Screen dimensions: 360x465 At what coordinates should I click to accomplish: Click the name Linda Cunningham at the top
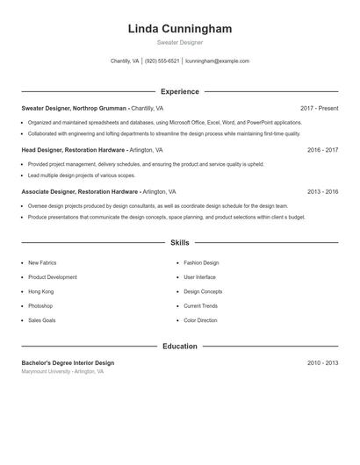(x=179, y=29)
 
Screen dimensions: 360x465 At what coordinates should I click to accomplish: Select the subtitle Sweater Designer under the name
(x=179, y=42)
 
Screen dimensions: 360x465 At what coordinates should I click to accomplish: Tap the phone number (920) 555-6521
(x=162, y=61)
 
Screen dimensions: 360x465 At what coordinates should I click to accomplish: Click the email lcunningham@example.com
(x=217, y=61)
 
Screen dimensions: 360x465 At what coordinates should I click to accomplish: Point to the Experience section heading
(x=179, y=91)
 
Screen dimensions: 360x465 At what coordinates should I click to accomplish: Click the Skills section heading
(x=179, y=242)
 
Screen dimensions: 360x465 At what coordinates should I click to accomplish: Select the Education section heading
(x=179, y=347)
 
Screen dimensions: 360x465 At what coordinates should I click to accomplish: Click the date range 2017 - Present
(x=319, y=108)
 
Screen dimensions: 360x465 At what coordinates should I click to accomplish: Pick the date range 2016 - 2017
(x=322, y=150)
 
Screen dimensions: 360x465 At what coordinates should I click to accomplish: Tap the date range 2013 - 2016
(x=322, y=191)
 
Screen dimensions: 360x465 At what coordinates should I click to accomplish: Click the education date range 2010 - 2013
(x=322, y=363)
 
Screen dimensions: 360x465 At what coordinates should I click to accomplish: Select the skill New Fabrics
(x=42, y=263)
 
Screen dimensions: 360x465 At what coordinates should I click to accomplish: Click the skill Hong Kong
(x=40, y=291)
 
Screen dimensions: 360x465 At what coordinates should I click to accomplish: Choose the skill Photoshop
(x=40, y=306)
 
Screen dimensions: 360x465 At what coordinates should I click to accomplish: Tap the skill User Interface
(x=199, y=277)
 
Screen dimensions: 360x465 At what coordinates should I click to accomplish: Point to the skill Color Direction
(x=200, y=320)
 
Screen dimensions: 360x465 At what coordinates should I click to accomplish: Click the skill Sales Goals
(x=41, y=320)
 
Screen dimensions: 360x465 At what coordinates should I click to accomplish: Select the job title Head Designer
(x=40, y=150)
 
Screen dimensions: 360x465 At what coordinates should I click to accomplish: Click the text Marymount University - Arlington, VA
(x=62, y=372)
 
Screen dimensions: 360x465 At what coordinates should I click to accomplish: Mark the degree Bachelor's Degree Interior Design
(x=68, y=363)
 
